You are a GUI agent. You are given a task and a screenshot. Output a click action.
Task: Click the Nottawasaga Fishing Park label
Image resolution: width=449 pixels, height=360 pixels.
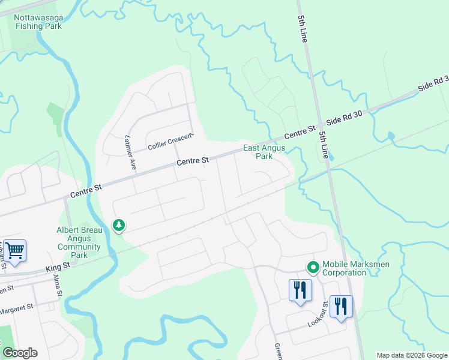click(x=38, y=22)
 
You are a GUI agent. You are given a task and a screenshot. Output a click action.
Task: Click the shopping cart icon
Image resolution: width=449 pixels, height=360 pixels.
click(x=14, y=250)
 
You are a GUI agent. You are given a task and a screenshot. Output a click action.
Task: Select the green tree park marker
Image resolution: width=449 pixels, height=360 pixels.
click(x=119, y=226)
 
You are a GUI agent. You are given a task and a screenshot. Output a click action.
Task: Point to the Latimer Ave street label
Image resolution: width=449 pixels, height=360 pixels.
click(x=130, y=154)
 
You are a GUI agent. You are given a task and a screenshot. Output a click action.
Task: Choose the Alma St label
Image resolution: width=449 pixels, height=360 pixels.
click(x=58, y=287)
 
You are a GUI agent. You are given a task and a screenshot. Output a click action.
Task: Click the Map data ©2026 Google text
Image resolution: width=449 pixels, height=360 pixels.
click(x=411, y=355)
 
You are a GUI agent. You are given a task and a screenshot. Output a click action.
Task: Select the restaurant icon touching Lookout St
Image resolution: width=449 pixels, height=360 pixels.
click(x=341, y=307)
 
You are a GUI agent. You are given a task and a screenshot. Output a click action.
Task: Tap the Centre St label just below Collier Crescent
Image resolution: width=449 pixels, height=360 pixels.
click(x=193, y=161)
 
